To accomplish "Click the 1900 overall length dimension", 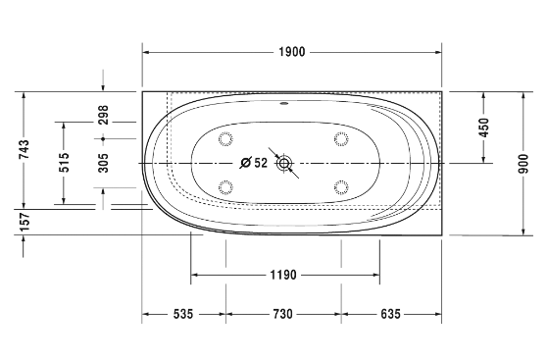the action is point(292,52).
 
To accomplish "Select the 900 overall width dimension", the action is point(523,164).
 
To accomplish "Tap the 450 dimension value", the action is point(484,128).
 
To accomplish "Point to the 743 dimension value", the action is point(25,149).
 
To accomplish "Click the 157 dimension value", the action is point(25,222).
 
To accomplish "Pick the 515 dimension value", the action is point(64,163).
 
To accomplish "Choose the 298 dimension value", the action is point(103,115).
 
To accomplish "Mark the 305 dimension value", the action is point(103,163).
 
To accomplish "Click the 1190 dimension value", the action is point(283,276).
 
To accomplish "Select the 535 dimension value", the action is point(183,314).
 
